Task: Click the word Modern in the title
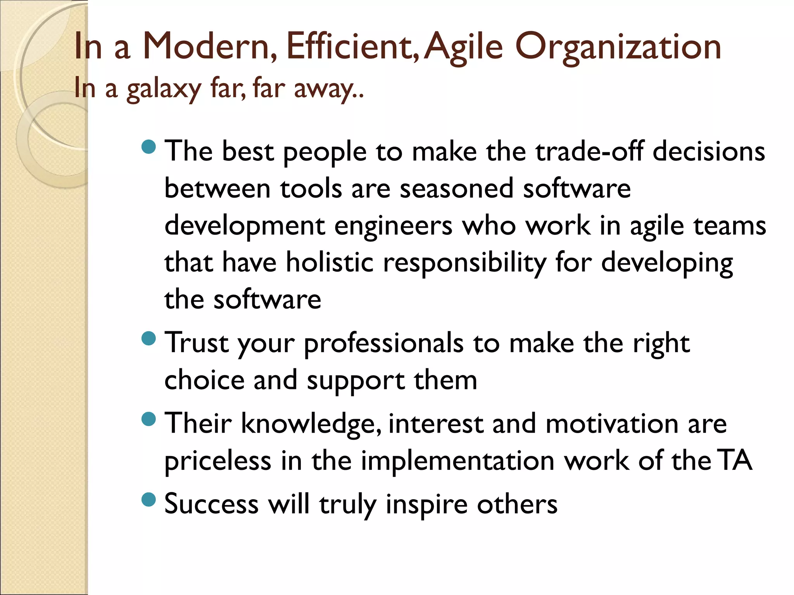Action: pyautogui.click(x=210, y=47)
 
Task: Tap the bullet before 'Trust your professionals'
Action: pyautogui.click(x=149, y=339)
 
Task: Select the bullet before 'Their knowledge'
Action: pyautogui.click(x=149, y=419)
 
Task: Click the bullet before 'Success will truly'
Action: pyautogui.click(x=149, y=499)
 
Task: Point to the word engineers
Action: pyautogui.click(x=393, y=226)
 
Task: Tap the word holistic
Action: pyautogui.click(x=330, y=263)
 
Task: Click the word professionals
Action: pyautogui.click(x=383, y=344)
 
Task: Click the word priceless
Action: pyautogui.click(x=217, y=461)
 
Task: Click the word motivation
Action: pyautogui.click(x=612, y=423)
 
